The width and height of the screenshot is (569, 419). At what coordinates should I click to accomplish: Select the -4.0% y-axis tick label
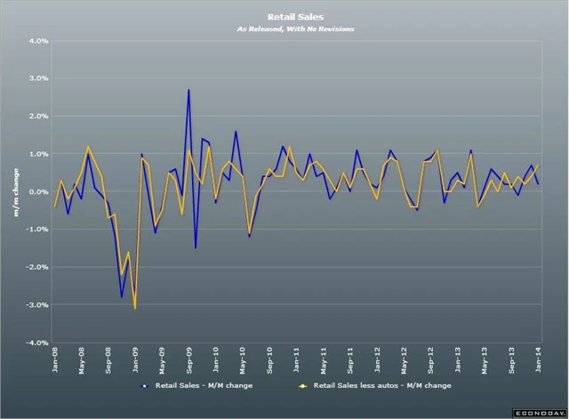pos(35,342)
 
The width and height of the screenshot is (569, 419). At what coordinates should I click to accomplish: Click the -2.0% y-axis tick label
pos(35,267)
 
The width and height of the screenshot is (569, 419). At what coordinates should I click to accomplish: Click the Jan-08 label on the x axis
pos(55,360)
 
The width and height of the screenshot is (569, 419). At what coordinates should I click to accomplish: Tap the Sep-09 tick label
pos(189,360)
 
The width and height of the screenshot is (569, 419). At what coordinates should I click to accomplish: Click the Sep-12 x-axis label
pos(431,360)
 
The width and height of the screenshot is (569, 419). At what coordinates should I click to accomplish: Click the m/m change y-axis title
pos(15,192)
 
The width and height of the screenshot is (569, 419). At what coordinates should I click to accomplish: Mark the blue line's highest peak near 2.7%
pos(188,90)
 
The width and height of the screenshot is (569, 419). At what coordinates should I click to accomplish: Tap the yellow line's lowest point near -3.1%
pos(135,308)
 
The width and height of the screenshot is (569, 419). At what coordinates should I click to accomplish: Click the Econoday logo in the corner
pos(538,413)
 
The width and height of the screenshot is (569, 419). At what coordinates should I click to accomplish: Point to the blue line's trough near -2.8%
pos(122,297)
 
